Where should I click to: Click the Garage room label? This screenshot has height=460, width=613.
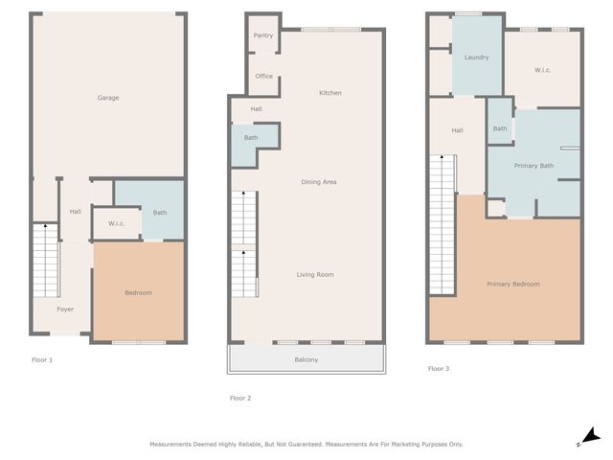pos(107,98)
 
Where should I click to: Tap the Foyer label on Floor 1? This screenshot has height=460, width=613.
pos(65,310)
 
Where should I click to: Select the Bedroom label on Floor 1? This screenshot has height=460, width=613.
pos(138,292)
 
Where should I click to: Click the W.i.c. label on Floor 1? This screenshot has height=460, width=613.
pos(117,224)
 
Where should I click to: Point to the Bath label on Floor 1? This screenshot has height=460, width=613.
pos(160,213)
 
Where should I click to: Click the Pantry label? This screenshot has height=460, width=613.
pos(263,35)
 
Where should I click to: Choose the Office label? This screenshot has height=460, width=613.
pos(263,77)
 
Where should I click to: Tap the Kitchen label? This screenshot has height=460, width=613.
pos(330,93)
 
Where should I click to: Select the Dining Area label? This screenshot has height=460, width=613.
pos(319,182)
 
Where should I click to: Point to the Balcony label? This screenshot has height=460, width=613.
pos(306,359)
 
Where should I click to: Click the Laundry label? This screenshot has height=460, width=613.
pos(476,57)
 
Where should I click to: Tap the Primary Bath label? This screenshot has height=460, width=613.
pos(534,166)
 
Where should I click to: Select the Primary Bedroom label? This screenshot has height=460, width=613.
pos(512,284)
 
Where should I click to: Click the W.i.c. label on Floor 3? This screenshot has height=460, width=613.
pos(542,70)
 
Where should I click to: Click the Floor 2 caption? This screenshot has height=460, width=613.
pos(240,398)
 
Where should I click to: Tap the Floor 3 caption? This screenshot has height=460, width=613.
pos(439,369)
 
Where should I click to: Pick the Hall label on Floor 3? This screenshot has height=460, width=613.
pos(457,130)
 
